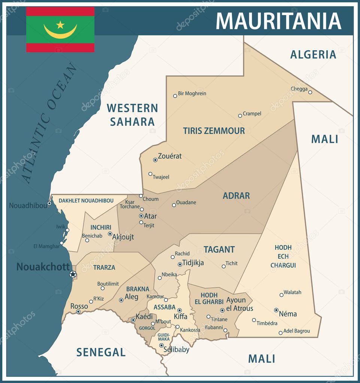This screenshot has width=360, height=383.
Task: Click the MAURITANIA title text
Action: point(278,21)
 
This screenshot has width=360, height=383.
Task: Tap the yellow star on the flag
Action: point(60,25)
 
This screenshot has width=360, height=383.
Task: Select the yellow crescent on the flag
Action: point(60,33)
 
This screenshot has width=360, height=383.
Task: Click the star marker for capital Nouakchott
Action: point(73,274)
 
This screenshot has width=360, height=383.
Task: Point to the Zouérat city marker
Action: point(155,160)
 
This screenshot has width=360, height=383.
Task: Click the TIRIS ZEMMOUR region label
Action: point(214,131)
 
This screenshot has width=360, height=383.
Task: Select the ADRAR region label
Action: point(236,195)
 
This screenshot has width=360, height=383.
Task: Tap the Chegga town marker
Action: point(310,92)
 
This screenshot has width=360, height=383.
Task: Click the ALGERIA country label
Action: point(313,55)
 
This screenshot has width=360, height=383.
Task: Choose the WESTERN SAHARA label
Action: point(132,115)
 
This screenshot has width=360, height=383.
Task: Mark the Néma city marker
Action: point(276,310)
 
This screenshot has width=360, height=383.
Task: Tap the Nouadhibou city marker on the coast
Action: point(49,203)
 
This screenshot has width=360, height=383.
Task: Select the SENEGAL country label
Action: point(101,352)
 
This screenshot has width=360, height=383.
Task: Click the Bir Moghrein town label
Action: point(192,94)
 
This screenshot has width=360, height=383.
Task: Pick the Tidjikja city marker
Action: point(180,264)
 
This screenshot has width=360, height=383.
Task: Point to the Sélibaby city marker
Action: point(161,346)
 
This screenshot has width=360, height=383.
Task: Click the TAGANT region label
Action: point(219,249)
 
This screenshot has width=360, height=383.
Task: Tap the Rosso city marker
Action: point(78,311)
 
